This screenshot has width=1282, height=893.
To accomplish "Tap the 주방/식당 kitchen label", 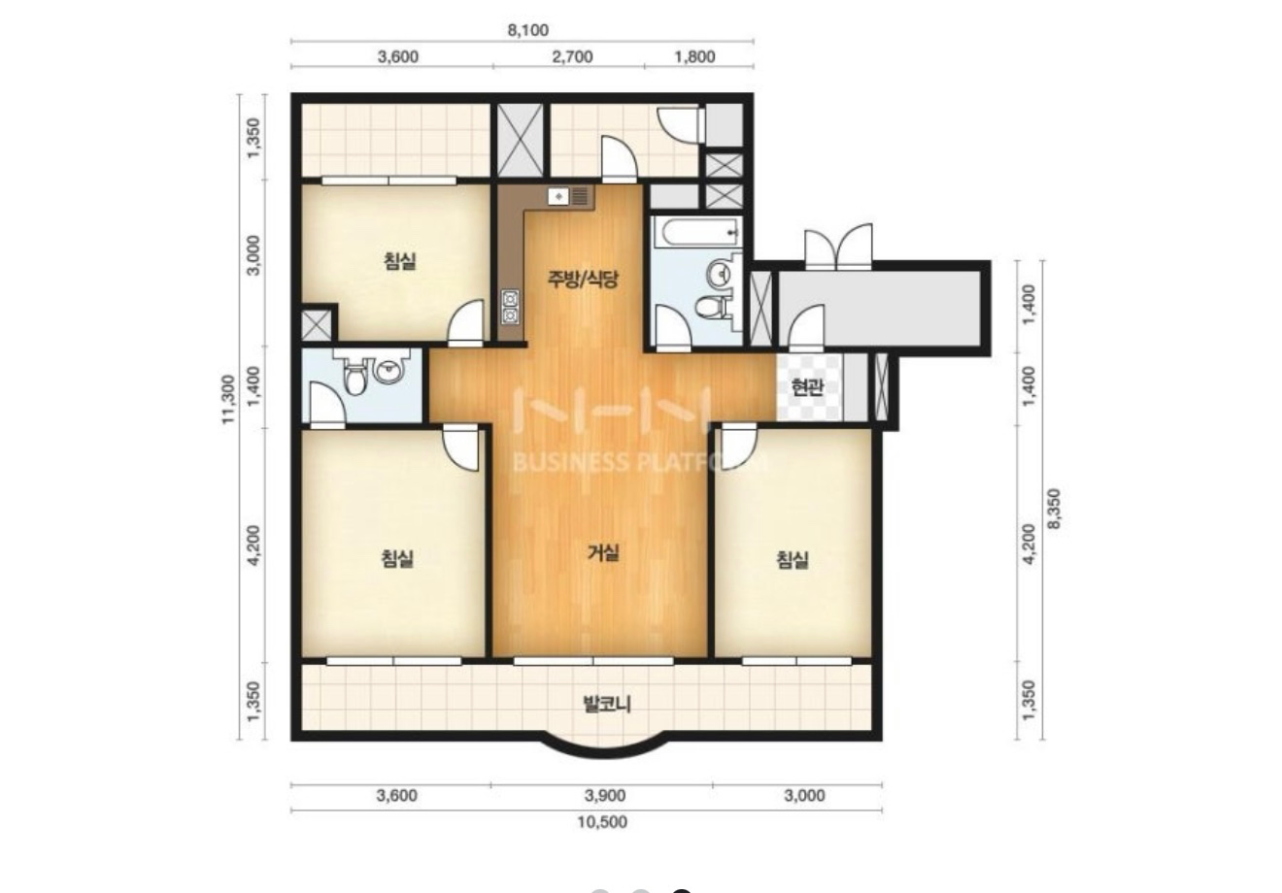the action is click(583, 280).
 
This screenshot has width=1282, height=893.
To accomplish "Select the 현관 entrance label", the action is click(807, 387).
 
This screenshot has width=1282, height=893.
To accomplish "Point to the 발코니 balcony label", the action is click(606, 704).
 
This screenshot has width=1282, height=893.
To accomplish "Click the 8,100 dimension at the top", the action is click(528, 30).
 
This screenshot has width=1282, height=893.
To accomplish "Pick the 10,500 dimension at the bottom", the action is click(602, 822).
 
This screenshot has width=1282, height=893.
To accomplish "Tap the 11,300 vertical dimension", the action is click(229, 399).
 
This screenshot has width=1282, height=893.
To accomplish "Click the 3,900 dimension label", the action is click(605, 795).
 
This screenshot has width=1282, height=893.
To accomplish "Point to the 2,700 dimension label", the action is click(572, 56).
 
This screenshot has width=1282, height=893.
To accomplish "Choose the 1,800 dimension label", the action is click(694, 56).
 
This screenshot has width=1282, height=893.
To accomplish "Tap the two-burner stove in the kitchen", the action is click(510, 307).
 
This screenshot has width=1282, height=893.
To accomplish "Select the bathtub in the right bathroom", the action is click(697, 232).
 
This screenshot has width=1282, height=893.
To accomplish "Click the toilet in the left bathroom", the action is click(354, 379).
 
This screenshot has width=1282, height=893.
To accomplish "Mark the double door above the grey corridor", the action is click(838, 247).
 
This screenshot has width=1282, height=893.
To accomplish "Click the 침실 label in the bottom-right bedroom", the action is click(793, 559).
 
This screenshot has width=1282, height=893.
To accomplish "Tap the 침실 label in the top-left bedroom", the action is click(399, 261).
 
